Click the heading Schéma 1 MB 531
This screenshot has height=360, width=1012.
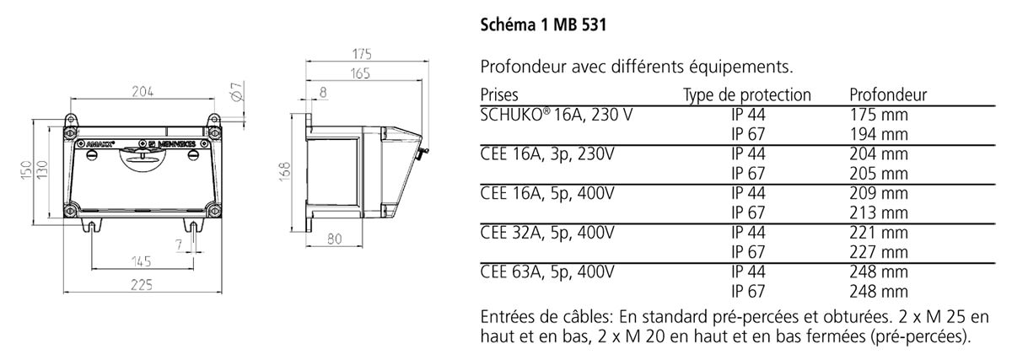point(543,24)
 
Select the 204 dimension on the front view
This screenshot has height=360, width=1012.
point(143,92)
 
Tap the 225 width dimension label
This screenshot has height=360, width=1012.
point(142,285)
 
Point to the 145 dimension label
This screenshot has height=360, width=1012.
point(142,261)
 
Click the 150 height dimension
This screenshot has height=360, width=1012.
point(27,170)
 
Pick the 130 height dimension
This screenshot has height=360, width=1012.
point(42,170)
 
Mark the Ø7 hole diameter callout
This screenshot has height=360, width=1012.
point(237,91)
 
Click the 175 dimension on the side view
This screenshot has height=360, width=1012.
point(362,54)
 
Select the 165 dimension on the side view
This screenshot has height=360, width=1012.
point(360,73)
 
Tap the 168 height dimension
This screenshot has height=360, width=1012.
point(285,172)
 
